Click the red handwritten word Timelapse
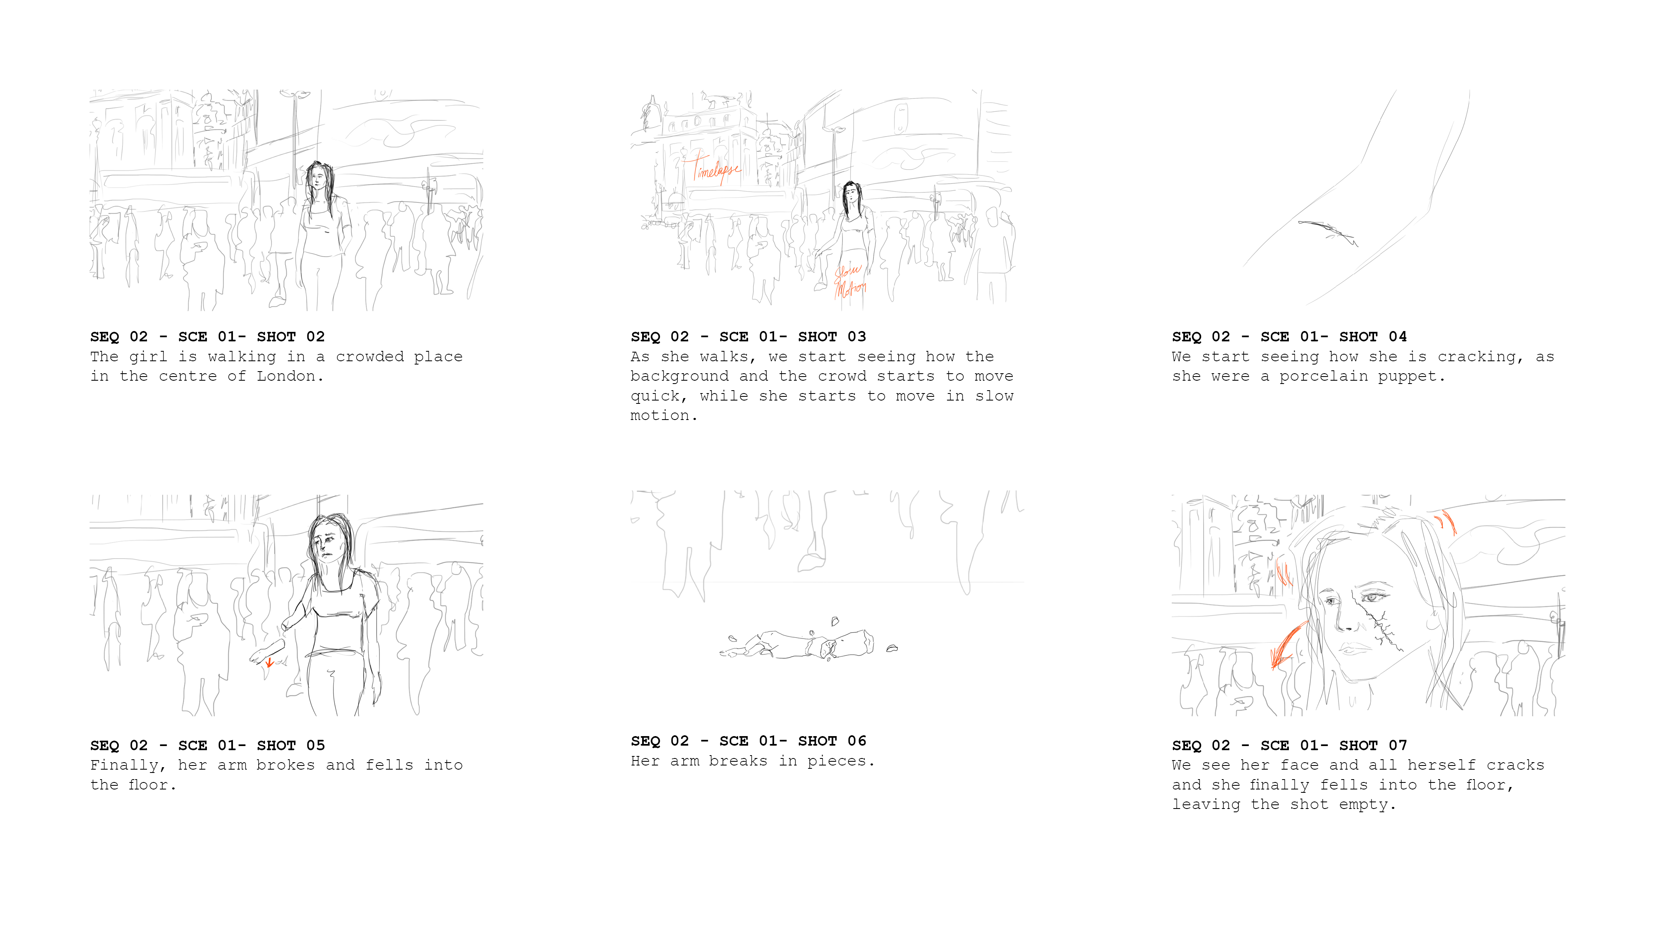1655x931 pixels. coord(716,168)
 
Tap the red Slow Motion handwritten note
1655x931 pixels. coord(850,280)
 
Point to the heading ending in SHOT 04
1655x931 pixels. coord(1289,337)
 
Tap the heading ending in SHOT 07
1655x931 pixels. coord(1289,745)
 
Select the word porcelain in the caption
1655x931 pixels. coord(1323,377)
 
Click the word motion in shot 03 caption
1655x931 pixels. coord(660,416)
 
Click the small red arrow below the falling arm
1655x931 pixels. coord(270,662)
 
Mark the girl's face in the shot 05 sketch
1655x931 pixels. coord(330,543)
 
